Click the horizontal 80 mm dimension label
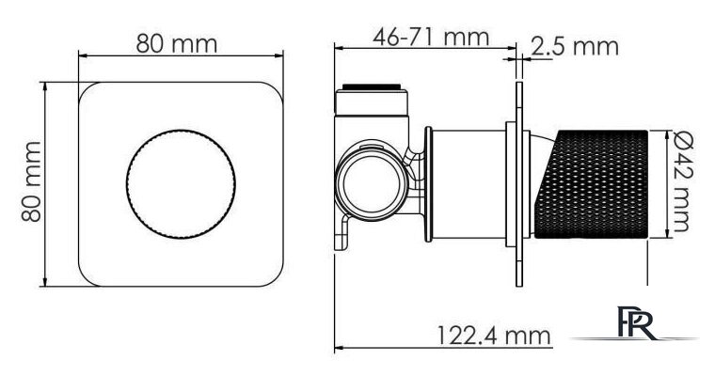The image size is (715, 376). (177, 44)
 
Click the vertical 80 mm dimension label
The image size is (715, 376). (32, 181)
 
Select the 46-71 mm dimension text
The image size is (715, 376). (431, 37)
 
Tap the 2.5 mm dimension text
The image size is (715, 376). (575, 46)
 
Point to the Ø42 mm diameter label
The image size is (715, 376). (683, 181)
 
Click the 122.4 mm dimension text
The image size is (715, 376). (494, 336)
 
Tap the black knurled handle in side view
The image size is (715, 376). (592, 184)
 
